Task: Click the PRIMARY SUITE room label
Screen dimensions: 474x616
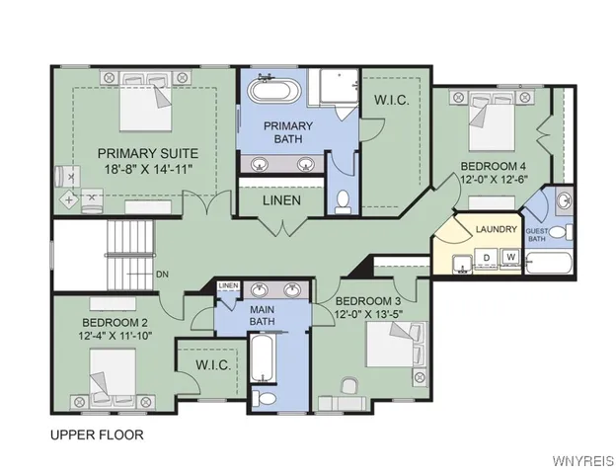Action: click(x=147, y=153)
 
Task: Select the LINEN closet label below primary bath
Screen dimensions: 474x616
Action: click(x=281, y=199)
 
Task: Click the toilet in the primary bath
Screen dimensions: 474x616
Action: click(x=344, y=201)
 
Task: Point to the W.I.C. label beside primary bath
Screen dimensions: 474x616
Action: click(x=391, y=101)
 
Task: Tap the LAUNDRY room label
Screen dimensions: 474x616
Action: click(x=496, y=229)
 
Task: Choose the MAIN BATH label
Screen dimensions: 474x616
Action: click(x=262, y=314)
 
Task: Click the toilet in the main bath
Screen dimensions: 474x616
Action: click(x=263, y=397)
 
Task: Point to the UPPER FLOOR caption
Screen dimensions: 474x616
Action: click(x=96, y=434)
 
